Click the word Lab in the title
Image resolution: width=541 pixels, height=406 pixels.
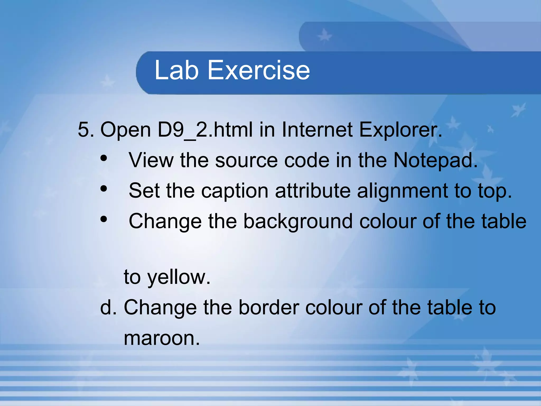point(176,70)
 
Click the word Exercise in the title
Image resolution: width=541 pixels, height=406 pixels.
point(259,70)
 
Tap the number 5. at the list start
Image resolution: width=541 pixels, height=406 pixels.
point(86,130)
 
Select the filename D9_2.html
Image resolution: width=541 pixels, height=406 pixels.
point(205,130)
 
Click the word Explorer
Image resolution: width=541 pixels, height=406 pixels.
point(400,130)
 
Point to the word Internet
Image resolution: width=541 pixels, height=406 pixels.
point(317,130)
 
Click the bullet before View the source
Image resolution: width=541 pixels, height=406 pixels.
point(104,158)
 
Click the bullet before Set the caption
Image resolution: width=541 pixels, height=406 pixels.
point(104,189)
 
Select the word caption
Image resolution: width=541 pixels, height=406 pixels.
point(235,191)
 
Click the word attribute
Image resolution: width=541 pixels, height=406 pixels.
point(313,191)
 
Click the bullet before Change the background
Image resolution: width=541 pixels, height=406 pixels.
point(104,219)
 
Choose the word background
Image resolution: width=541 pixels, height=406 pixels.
point(298,221)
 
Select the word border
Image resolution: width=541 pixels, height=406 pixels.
point(269,307)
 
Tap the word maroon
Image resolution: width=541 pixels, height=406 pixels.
point(162,338)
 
